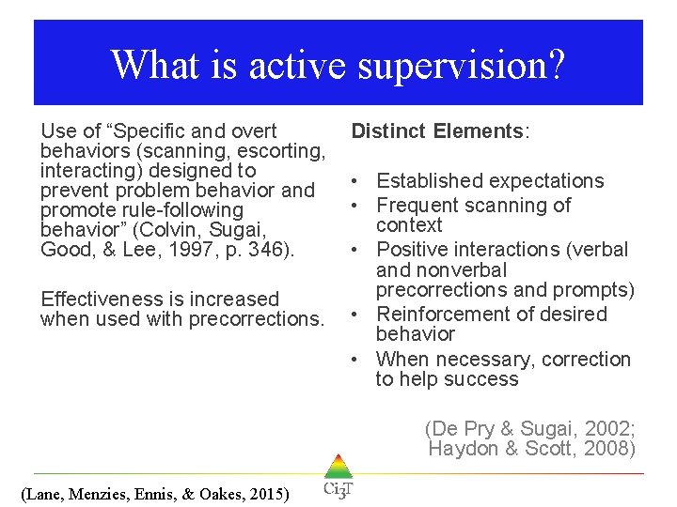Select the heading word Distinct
(x=388, y=131)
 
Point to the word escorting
(x=283, y=151)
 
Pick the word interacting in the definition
(x=87, y=171)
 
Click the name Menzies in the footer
(x=104, y=493)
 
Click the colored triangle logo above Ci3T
(x=338, y=467)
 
